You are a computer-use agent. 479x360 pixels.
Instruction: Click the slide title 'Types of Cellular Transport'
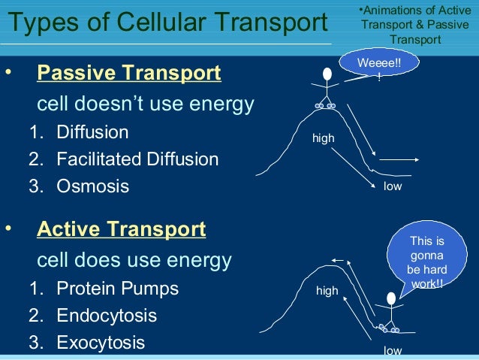[167, 23]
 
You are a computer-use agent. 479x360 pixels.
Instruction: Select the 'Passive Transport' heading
[129, 74]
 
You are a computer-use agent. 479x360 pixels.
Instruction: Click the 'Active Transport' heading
[121, 228]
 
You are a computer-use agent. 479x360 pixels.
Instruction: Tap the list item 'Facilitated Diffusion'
[137, 159]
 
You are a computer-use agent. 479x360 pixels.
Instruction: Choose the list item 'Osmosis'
[92, 186]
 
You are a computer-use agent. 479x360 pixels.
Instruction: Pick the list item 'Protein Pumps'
[118, 289]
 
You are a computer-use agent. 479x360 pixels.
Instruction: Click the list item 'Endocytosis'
[107, 316]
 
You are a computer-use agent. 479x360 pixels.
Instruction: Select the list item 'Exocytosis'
[101, 343]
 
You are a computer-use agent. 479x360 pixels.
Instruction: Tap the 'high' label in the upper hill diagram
[324, 139]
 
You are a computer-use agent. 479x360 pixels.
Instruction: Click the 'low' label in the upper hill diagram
[392, 186]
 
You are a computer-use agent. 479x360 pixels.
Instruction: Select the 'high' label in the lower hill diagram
[327, 290]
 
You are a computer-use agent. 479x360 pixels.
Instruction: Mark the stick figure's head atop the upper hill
[327, 74]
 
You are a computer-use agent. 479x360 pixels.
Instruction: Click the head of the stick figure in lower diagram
[390, 298]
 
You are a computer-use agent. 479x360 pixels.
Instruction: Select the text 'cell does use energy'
[134, 261]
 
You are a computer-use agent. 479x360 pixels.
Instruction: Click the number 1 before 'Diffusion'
[35, 133]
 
